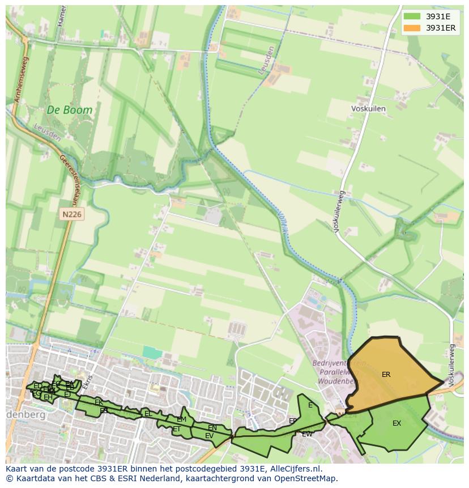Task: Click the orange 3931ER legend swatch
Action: click(412, 28)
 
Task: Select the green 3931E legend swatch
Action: click(412, 16)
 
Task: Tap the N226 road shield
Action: click(72, 214)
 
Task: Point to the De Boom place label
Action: click(69, 110)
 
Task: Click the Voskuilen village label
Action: click(368, 109)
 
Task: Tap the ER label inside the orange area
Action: click(386, 375)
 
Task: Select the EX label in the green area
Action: click(396, 423)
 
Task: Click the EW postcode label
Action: click(307, 434)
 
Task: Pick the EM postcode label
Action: click(181, 419)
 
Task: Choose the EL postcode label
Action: click(148, 414)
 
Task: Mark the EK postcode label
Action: click(99, 402)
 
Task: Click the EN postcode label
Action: click(212, 428)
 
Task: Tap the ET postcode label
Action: click(177, 429)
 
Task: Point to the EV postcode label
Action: click(209, 436)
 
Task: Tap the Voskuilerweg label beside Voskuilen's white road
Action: click(339, 212)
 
